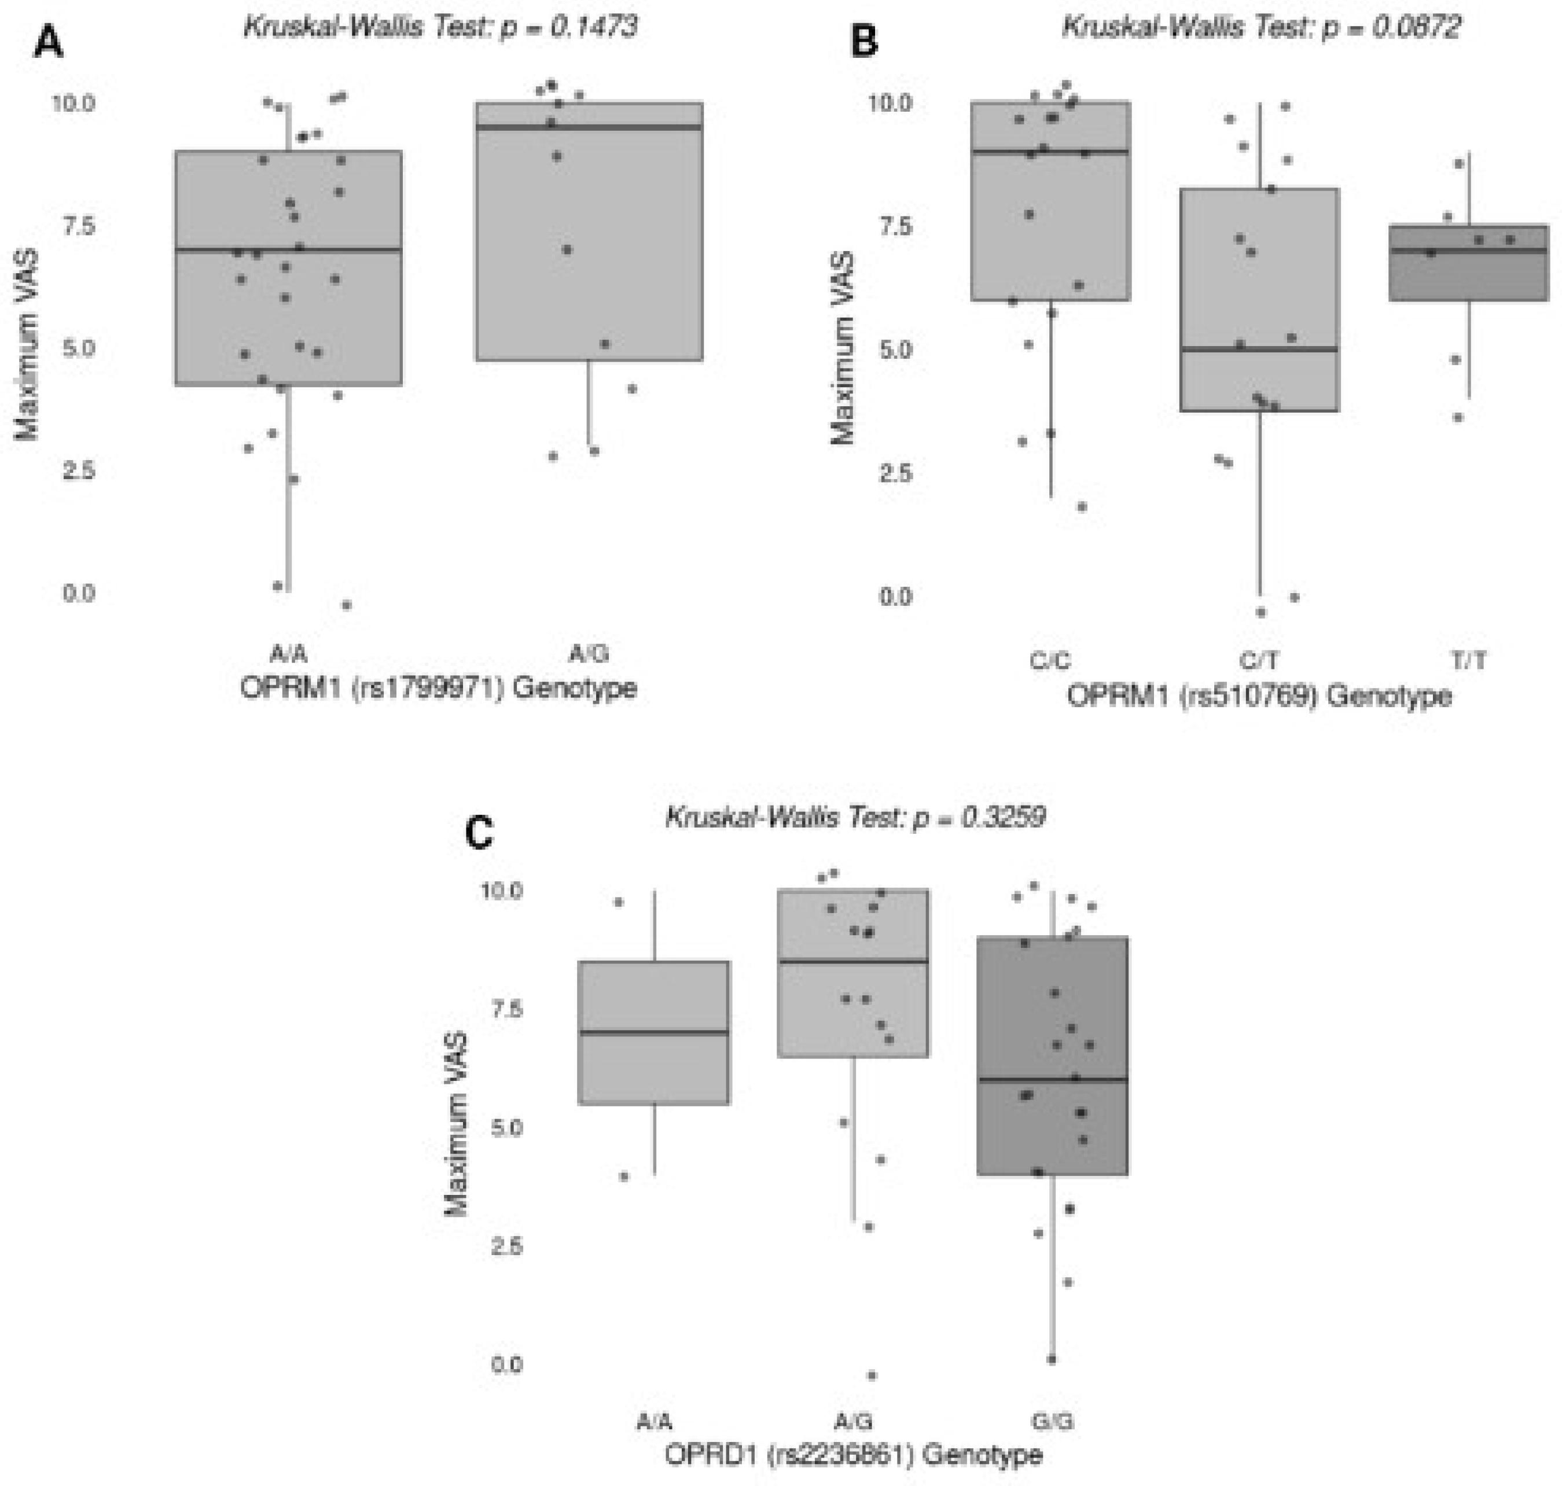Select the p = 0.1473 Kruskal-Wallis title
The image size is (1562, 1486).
click(440, 27)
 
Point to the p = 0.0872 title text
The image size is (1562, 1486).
click(1261, 27)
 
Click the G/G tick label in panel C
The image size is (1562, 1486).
click(1052, 1422)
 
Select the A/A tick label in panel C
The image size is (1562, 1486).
click(655, 1422)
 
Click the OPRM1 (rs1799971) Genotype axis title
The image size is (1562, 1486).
click(438, 687)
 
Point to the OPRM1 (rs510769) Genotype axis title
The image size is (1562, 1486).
click(1259, 696)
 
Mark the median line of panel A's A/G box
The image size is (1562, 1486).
click(589, 127)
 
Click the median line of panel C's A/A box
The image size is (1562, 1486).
click(655, 1032)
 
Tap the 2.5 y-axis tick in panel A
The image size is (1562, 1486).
click(78, 470)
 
